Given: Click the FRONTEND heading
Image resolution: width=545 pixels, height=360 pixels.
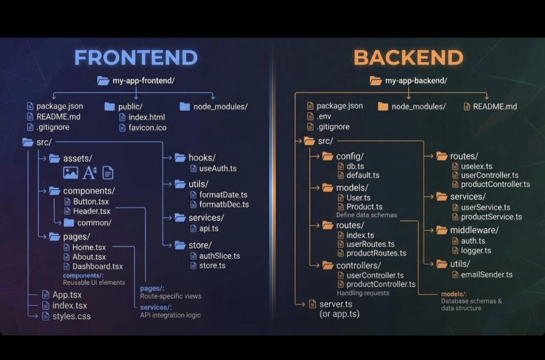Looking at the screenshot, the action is tap(136, 57).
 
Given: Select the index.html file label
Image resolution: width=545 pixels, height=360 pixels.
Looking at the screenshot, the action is tap(147, 117).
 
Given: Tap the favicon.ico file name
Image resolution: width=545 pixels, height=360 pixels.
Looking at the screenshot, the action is tap(147, 128).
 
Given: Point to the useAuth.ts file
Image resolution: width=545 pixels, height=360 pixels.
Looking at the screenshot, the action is tap(218, 168).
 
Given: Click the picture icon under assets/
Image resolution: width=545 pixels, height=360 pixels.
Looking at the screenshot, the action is tap(71, 173).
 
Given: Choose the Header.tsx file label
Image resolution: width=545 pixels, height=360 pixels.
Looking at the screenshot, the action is tap(92, 211).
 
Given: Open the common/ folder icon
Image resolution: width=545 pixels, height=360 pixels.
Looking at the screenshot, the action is tap(69, 222).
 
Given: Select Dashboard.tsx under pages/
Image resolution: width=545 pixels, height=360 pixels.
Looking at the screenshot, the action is tap(97, 267).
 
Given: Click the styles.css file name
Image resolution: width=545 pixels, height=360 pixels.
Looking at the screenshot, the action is tap(72, 316).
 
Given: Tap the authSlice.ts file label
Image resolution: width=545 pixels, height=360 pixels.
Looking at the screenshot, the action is tap(219, 256).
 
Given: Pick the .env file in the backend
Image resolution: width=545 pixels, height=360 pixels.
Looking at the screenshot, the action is tap(324, 117).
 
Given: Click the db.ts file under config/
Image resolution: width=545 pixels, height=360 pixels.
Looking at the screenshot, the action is tap(355, 166).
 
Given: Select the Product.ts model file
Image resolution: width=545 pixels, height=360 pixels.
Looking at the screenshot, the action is tap(365, 207).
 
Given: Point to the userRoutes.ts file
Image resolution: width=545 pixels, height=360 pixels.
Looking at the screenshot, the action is tap(370, 244).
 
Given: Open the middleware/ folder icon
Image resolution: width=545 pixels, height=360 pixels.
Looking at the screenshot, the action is tap(441, 230).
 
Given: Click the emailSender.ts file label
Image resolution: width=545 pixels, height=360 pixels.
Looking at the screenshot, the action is tap(487, 274).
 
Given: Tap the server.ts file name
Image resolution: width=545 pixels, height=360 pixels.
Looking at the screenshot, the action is tap(336, 304).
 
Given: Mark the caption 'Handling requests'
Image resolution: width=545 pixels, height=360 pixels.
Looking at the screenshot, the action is tap(363, 293).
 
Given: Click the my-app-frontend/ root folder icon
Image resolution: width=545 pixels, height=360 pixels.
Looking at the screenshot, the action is tap(103, 81).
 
